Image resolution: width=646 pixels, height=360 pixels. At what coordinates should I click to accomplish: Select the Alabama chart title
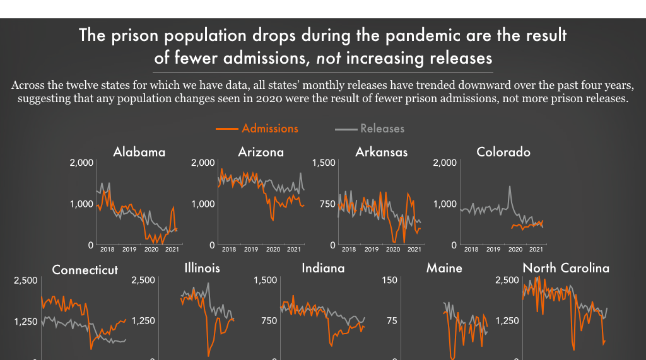tap(139, 152)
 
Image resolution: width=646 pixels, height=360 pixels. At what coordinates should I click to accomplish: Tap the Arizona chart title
tap(261, 152)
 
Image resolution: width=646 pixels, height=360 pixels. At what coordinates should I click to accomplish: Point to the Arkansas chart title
tap(381, 152)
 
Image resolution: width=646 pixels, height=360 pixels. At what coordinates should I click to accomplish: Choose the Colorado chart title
tap(503, 152)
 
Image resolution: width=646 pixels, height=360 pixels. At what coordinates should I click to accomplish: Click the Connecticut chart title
tap(85, 270)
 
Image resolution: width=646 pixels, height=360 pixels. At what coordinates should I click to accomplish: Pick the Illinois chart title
tap(202, 268)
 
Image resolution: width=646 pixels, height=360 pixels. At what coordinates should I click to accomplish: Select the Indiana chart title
tap(323, 268)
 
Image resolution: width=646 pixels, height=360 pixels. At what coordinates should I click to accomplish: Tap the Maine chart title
tap(444, 268)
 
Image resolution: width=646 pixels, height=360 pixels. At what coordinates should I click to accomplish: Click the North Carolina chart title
tap(566, 268)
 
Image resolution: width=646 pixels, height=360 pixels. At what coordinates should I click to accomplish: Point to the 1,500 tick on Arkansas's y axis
tap(324, 163)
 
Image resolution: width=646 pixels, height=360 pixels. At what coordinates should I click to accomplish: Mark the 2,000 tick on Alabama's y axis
tap(81, 163)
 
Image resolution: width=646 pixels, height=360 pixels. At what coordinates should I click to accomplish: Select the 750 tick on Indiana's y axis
tap(269, 321)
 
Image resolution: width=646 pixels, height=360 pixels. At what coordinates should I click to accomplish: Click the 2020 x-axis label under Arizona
tap(273, 250)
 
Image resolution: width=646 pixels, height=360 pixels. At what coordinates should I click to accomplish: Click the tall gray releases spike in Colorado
tap(510, 187)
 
